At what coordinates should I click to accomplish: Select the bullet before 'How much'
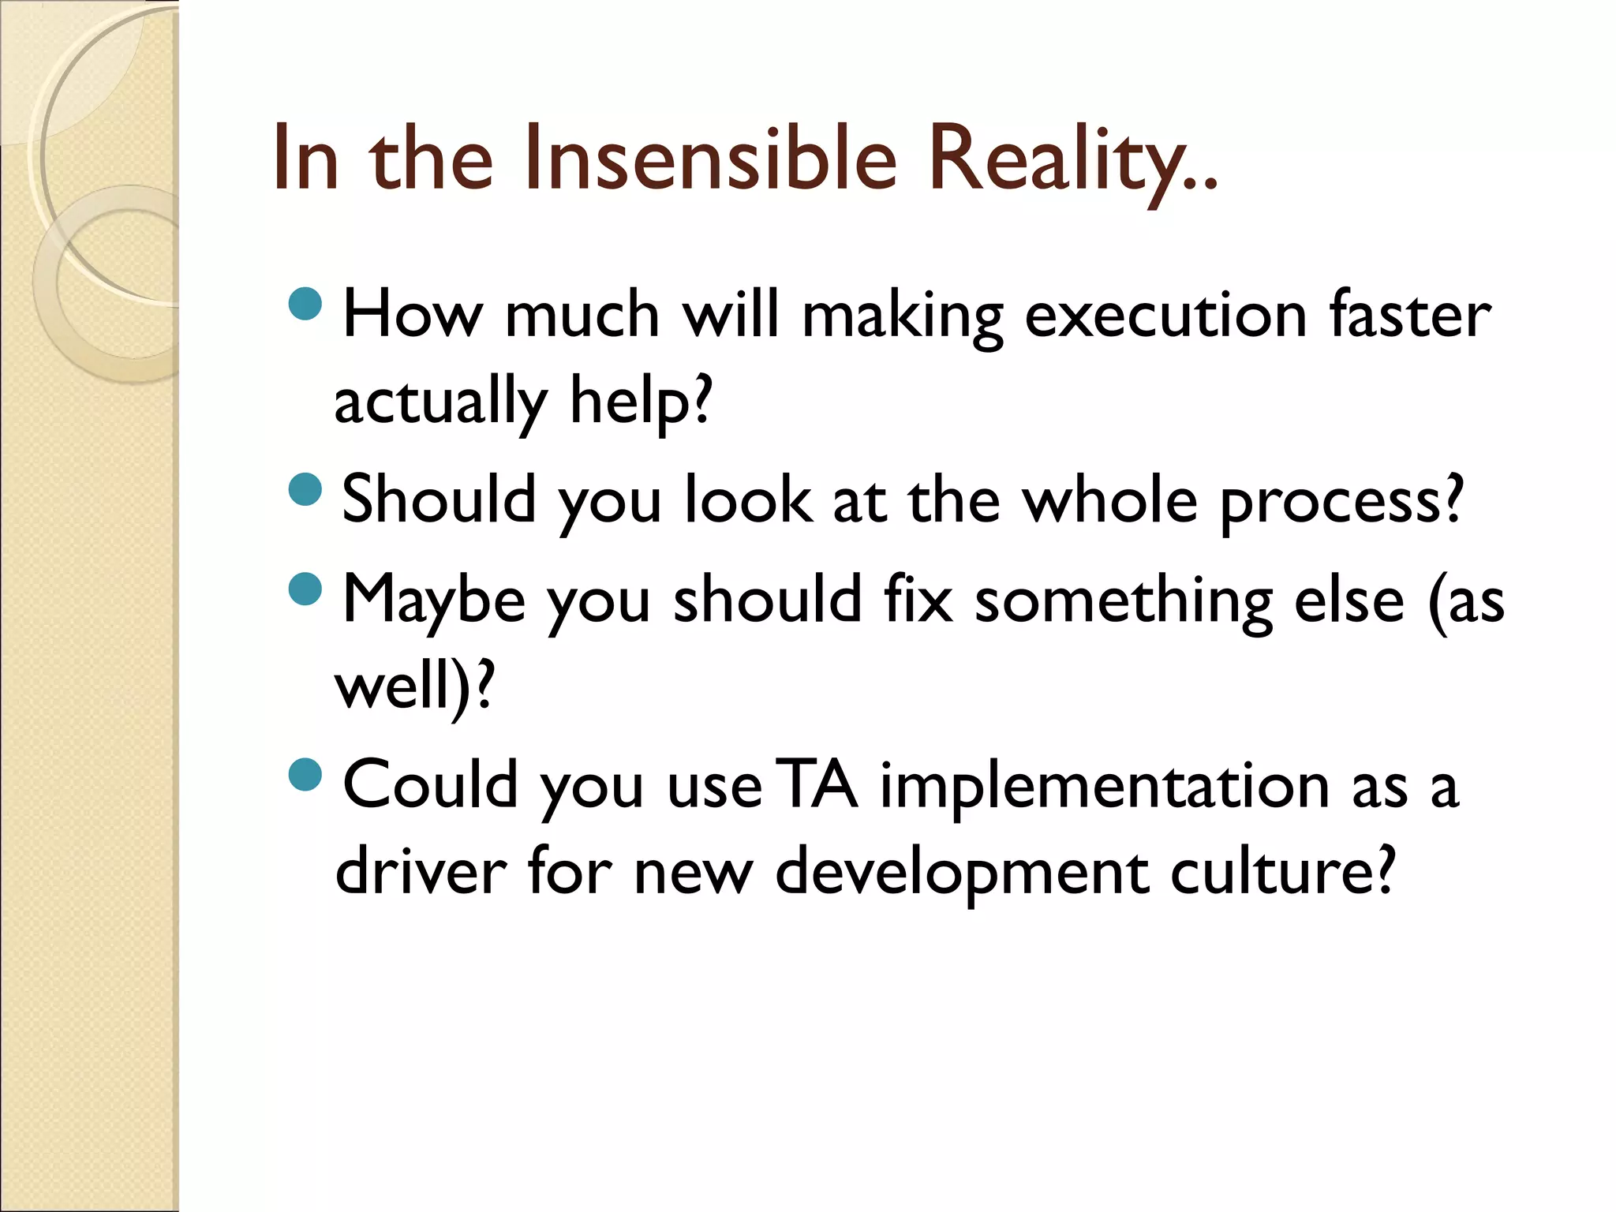click(305, 303)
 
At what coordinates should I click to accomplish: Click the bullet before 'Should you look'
click(305, 489)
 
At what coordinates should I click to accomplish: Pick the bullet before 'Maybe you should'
click(305, 589)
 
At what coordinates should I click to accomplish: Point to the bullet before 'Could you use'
click(305, 774)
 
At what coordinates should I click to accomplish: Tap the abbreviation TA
click(816, 785)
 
